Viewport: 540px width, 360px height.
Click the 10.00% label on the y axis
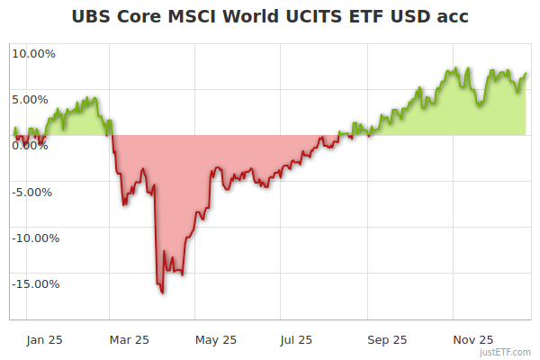[32, 53]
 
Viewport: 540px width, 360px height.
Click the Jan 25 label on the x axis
[44, 339]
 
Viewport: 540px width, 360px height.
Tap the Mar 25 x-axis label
[129, 339]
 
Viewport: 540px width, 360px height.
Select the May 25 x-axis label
[216, 339]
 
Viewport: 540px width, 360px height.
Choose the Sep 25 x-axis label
[387, 339]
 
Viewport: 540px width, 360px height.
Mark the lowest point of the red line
[162, 292]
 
